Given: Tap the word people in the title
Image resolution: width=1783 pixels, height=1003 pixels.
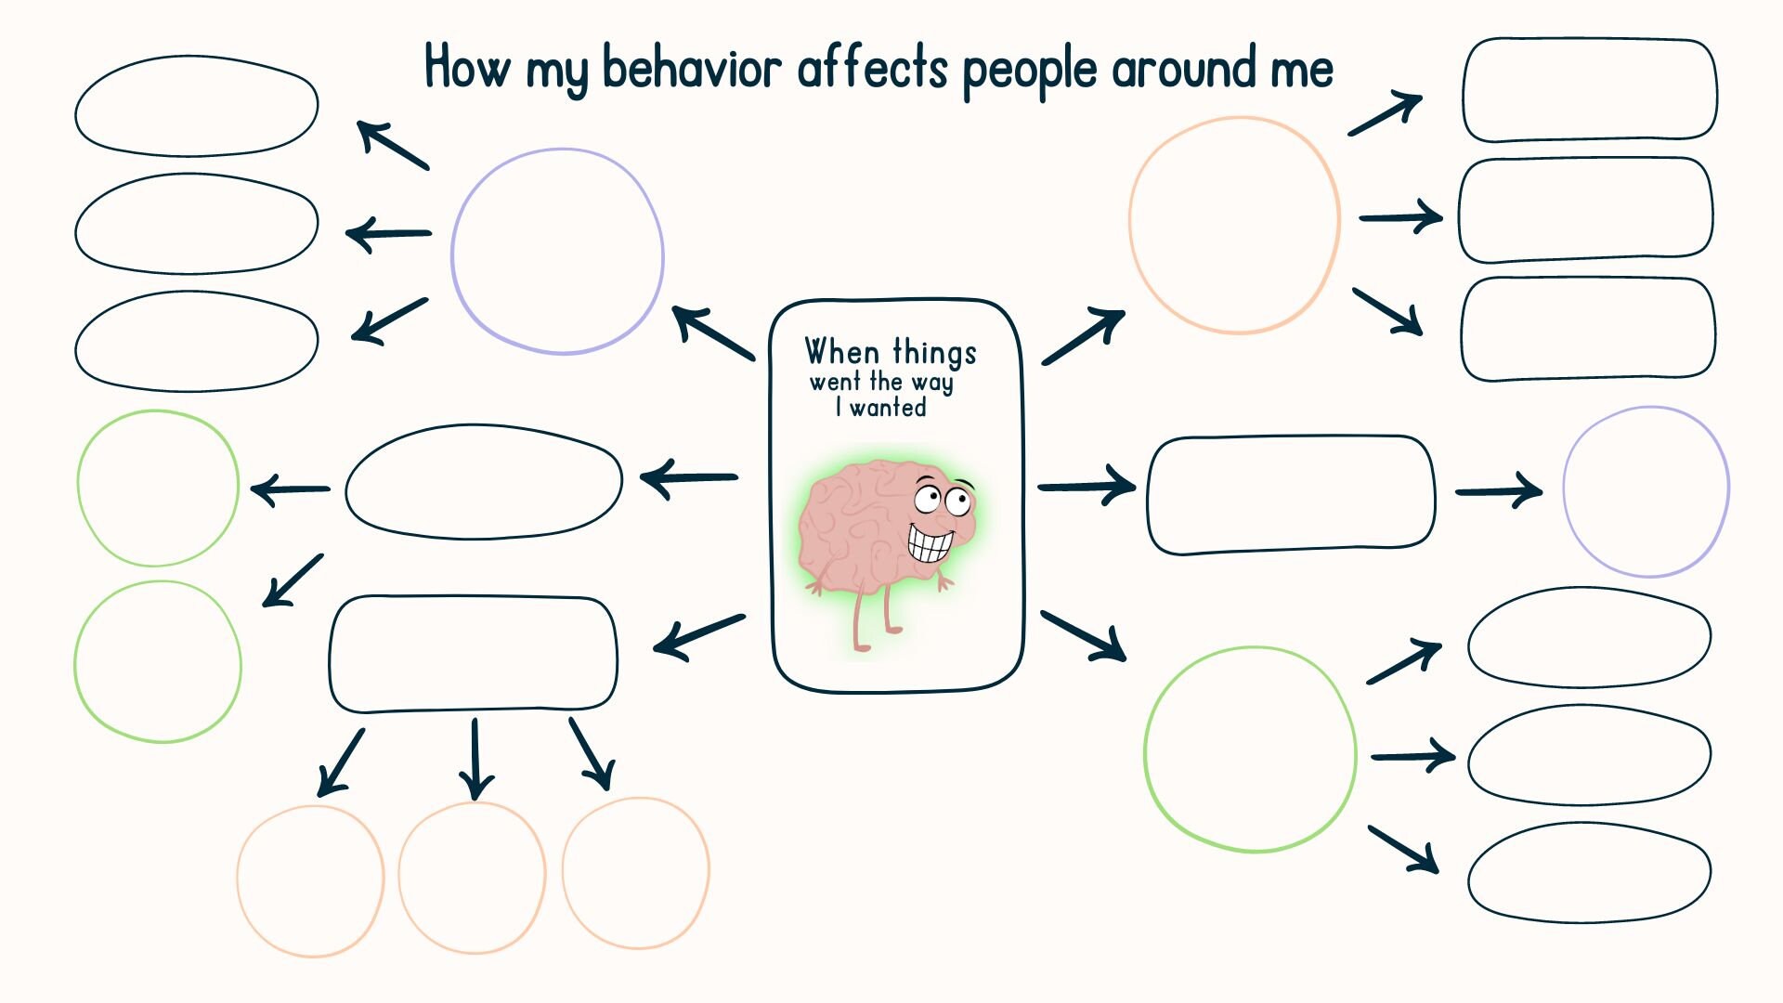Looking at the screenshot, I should (x=1030, y=71).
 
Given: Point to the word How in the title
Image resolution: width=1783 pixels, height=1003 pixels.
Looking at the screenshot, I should (x=467, y=67).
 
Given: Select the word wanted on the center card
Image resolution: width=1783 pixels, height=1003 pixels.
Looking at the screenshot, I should (x=888, y=408).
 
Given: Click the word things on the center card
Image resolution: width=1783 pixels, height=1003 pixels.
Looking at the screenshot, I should (x=934, y=352).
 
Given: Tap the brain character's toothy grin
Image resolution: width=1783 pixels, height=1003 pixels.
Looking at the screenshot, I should (x=930, y=543).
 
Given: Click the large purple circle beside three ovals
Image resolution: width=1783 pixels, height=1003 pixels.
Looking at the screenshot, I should (x=557, y=252).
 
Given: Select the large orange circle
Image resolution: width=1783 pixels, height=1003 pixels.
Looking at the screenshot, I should (x=1234, y=225).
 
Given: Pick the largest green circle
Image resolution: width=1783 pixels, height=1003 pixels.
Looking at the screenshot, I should (x=1250, y=749).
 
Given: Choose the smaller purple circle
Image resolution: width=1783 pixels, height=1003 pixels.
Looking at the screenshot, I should (x=1646, y=491).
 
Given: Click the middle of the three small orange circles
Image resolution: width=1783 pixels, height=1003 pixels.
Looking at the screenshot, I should (x=472, y=878).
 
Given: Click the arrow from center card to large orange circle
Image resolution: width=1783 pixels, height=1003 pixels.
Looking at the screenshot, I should (x=1083, y=337).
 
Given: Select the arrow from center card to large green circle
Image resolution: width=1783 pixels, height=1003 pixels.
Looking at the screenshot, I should (x=1084, y=636).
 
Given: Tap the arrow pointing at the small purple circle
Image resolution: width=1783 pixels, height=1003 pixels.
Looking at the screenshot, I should (x=1499, y=490).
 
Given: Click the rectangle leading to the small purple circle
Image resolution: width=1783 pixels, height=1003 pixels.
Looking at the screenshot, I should (x=1291, y=494).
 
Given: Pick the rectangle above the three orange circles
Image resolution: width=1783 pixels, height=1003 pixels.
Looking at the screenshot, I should (x=473, y=654).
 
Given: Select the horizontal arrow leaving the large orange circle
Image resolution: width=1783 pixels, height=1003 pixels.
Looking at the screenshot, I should (x=1400, y=217).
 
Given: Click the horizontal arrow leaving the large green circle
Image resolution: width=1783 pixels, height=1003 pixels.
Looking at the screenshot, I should (x=1412, y=756).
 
